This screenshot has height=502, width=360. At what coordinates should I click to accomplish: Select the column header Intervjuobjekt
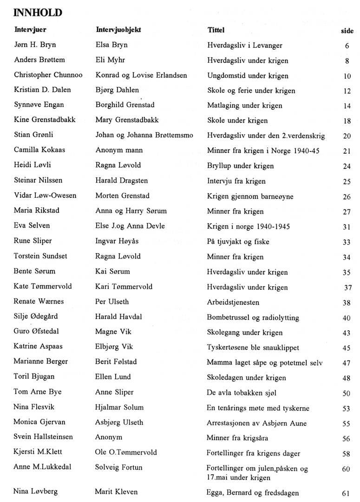coord(118,30)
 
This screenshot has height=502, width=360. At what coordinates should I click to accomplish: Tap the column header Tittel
coord(216,30)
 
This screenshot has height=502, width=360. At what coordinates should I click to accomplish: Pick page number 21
coord(347,151)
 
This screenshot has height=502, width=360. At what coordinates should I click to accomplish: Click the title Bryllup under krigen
coord(240,166)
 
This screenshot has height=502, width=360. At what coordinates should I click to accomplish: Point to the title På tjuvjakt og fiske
coord(238,241)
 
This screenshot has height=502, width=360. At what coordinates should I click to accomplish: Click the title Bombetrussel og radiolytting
coord(253,318)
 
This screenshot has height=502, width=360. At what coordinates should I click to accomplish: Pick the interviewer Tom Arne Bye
coord(38,392)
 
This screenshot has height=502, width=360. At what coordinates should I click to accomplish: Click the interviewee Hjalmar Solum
coord(119,407)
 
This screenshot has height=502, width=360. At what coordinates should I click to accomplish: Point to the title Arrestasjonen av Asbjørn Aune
coord(256,423)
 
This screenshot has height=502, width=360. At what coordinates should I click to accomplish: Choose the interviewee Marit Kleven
coord(116,492)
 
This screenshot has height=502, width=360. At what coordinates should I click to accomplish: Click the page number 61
coord(346,493)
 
